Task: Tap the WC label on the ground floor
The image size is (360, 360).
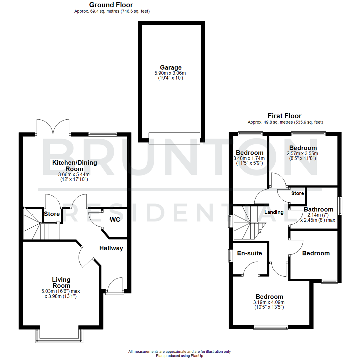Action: tap(115, 220)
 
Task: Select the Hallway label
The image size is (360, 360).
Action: tap(111, 248)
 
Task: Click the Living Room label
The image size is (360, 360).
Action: tap(61, 282)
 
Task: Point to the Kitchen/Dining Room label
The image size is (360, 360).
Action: tap(74, 166)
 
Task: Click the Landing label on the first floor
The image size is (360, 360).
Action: tap(274, 212)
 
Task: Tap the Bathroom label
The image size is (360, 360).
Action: tap(318, 209)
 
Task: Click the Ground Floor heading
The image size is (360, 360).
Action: tap(111, 5)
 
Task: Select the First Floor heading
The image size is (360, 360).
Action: tap(284, 116)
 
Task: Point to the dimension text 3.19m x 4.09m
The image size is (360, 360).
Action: tap(269, 302)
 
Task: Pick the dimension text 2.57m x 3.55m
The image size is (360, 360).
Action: tap(303, 154)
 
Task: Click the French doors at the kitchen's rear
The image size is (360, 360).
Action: tap(53, 127)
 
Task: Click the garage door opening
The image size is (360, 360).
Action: tap(175, 138)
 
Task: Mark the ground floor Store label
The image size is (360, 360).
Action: tap(52, 214)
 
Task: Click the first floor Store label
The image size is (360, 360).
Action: tap(297, 193)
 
